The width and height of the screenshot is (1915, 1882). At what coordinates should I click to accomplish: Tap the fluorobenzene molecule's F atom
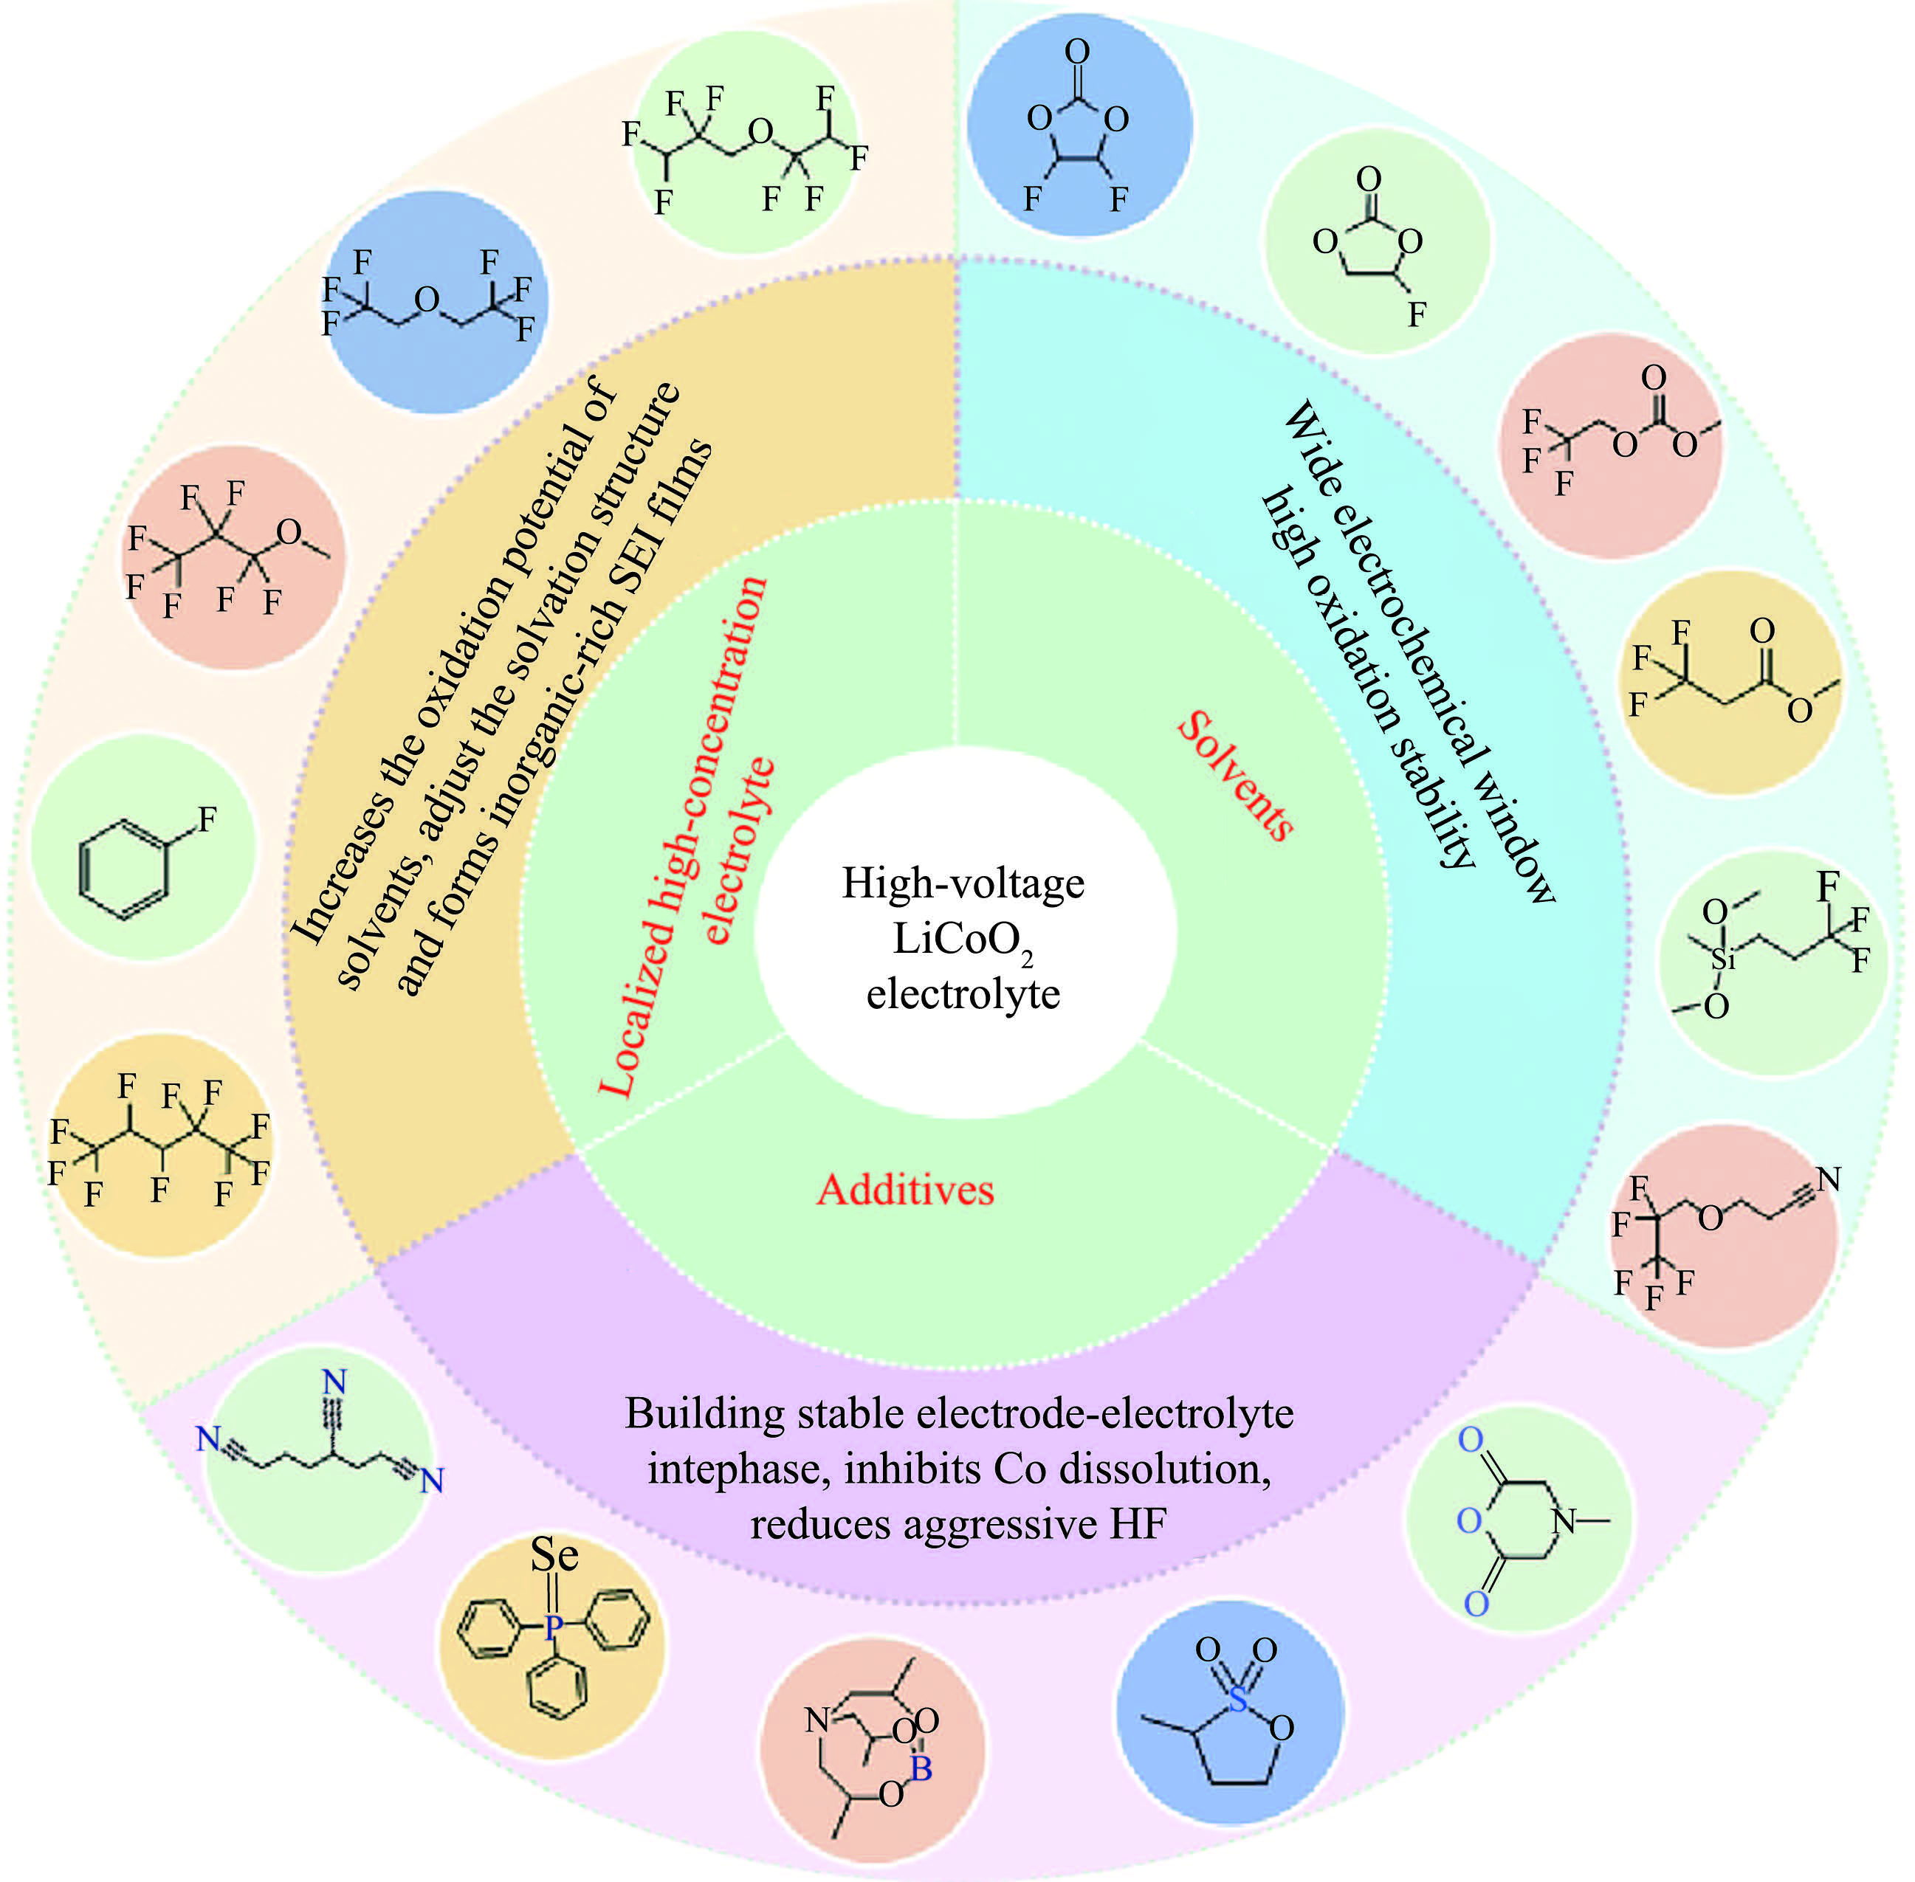(x=207, y=818)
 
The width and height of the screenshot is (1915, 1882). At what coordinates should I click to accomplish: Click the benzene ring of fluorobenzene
(x=122, y=870)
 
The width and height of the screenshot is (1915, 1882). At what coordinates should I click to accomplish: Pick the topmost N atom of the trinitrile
(x=334, y=1382)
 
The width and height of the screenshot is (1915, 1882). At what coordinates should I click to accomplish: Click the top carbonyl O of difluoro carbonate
(x=1078, y=52)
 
